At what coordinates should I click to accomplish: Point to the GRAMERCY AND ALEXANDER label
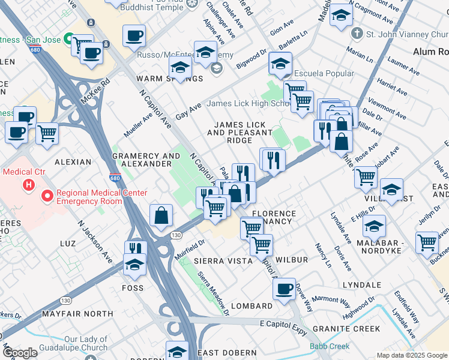(146, 160)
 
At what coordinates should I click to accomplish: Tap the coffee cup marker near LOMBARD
(284, 289)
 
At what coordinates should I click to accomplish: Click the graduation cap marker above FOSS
(135, 264)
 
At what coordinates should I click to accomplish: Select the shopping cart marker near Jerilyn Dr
(427, 243)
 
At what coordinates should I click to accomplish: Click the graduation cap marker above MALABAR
(374, 226)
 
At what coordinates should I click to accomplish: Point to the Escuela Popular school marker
(280, 62)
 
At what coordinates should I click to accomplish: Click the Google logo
(20, 353)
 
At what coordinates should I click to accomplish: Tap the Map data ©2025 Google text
(411, 355)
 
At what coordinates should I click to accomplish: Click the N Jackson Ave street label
(95, 240)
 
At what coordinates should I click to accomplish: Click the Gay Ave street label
(188, 110)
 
